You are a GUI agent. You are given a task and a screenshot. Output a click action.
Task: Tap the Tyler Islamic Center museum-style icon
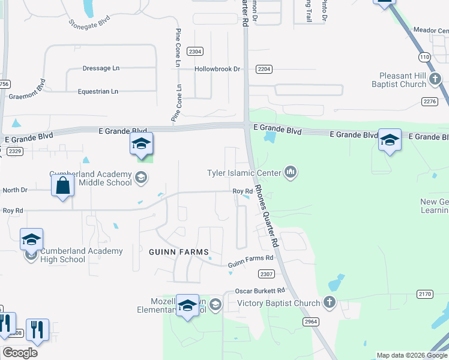click(292, 173)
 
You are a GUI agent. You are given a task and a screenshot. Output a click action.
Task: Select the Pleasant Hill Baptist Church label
click(411, 80)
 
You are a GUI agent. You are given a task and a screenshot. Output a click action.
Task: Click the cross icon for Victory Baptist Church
click(329, 303)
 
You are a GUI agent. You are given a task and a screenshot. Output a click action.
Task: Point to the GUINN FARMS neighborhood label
click(179, 252)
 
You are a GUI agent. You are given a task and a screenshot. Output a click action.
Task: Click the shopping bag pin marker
click(62, 187)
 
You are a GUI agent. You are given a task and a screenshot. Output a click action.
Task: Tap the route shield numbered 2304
click(194, 52)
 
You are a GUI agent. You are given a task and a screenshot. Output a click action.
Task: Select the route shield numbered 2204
click(264, 70)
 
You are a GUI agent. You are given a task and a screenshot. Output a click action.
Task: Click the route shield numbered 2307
click(267, 274)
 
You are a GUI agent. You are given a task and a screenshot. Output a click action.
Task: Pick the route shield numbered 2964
click(310, 321)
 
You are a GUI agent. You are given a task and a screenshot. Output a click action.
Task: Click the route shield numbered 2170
click(424, 294)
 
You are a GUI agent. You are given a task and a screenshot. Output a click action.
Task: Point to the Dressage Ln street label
click(101, 68)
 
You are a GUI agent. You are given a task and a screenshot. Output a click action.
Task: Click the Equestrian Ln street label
click(98, 91)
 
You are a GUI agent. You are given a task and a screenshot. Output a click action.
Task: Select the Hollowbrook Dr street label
click(217, 69)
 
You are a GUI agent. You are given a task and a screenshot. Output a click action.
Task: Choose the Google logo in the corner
click(20, 352)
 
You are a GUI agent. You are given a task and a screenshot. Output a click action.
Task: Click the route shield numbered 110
click(424, 57)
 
